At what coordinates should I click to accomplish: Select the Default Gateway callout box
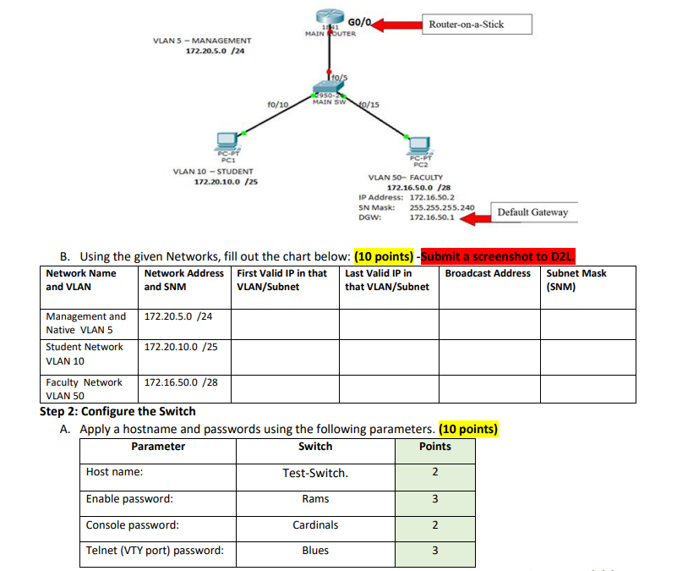coord(532,212)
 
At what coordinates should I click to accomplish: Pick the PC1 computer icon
coord(227,140)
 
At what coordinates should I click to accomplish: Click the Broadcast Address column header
coord(488,273)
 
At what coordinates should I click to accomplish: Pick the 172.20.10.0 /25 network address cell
coord(178,347)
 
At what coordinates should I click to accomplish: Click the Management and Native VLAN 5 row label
coord(86,323)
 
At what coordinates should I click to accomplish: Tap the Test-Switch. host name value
coord(315,473)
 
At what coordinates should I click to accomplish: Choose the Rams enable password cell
coord(315,499)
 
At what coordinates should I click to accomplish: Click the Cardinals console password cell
coord(315,525)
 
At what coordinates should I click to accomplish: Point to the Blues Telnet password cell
coord(315,551)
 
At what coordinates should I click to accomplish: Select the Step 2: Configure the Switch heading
coord(117,411)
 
